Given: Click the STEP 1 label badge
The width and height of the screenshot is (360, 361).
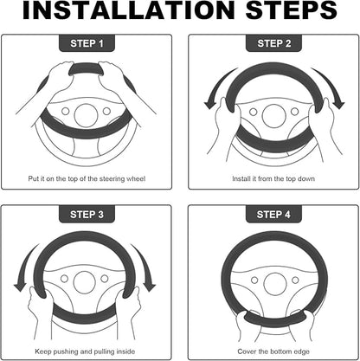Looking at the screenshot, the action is (x=87, y=43).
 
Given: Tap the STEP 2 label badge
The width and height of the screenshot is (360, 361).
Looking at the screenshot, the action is (x=273, y=43).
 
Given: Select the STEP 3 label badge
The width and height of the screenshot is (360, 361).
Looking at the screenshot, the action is (x=87, y=214).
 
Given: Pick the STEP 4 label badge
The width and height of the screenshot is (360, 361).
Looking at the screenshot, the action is (x=273, y=214).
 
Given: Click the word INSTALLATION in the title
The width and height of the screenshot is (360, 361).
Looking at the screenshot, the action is (x=128, y=10).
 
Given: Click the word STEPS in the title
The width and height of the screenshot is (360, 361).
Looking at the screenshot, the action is (x=291, y=10).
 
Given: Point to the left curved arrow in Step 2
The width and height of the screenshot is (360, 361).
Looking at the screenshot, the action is (x=218, y=89).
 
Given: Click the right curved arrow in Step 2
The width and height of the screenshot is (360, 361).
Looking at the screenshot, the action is (x=329, y=88).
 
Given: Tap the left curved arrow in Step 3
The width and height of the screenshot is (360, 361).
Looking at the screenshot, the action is (x=24, y=267).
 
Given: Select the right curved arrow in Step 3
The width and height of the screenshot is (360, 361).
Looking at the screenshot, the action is (x=145, y=267).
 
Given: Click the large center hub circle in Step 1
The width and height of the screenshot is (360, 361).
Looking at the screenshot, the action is (x=86, y=115).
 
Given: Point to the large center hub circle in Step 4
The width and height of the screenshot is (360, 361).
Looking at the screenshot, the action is (x=274, y=285).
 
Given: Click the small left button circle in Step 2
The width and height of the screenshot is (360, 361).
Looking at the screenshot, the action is (x=254, y=112).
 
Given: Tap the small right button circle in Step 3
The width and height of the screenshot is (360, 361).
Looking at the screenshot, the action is (x=105, y=279).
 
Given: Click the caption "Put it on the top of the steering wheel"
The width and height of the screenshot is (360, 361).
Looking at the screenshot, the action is (x=87, y=178).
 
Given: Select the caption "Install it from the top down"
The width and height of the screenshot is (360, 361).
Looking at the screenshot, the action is (x=273, y=178).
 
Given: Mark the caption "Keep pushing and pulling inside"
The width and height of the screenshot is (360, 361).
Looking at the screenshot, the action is (x=85, y=351).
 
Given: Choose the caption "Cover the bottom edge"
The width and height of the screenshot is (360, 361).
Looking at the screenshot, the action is (x=273, y=351).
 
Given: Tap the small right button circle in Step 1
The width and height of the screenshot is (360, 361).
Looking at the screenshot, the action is (x=106, y=111).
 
